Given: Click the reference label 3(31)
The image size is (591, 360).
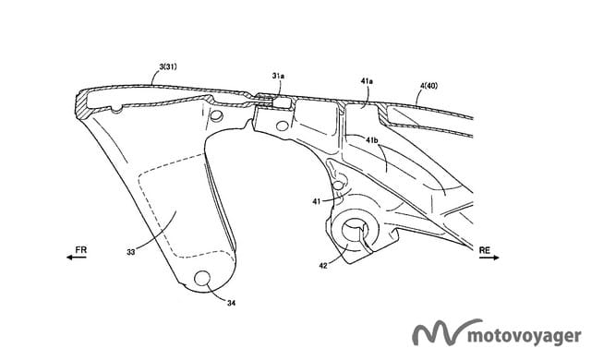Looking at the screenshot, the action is [x=168, y=67].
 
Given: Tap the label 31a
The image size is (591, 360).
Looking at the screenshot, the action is [x=278, y=76].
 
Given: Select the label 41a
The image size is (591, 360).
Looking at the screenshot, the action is [x=367, y=80].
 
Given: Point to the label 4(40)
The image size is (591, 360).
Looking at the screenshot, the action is [x=428, y=86].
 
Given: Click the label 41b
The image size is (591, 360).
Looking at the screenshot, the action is [x=372, y=139].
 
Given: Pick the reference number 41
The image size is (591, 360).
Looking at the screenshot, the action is [x=316, y=201].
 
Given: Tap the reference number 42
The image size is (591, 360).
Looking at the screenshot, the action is [x=323, y=266].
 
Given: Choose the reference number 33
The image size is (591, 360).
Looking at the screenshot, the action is [x=131, y=252].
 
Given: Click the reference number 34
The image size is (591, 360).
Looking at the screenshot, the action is [x=231, y=303].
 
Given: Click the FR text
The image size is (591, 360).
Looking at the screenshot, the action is [x=81, y=249].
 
